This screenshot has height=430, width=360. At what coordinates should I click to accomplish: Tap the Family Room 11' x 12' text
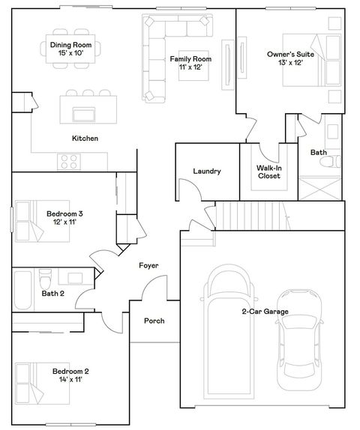[x=190, y=63]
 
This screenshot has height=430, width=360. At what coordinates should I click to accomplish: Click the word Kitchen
[x=85, y=139]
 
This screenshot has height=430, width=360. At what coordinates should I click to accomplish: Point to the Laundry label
[x=206, y=172]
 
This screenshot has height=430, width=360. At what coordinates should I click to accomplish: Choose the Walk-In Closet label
[x=268, y=172]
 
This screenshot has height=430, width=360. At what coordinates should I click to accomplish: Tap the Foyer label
[x=148, y=266]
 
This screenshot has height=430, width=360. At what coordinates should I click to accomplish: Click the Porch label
[x=154, y=321]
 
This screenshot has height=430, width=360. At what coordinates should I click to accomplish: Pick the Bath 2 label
[x=53, y=294]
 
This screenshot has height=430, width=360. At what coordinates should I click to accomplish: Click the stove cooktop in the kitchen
[x=70, y=160]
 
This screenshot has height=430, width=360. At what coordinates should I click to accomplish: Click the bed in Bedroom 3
[x=30, y=222]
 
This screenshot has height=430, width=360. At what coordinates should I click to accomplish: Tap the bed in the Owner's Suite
[x=304, y=60]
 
